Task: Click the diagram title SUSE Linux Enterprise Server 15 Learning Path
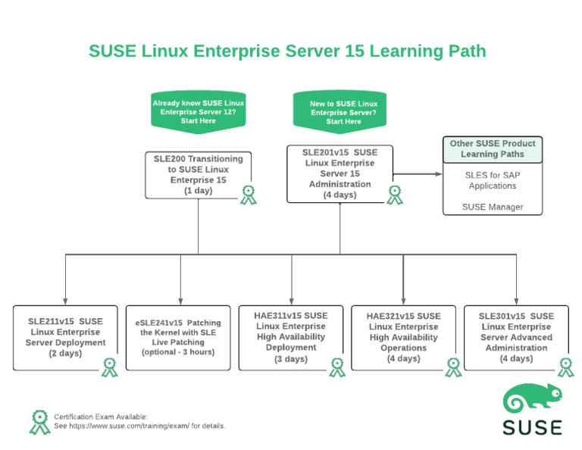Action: tap(287, 51)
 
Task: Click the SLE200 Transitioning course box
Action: tap(198, 175)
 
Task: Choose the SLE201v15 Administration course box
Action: tap(339, 173)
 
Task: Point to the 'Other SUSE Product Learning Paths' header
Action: tap(493, 148)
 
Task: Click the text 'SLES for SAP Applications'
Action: tap(493, 180)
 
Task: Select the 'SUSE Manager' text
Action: tap(493, 207)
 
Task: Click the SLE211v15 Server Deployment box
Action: tap(66, 337)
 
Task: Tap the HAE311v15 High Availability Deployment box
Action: tap(291, 337)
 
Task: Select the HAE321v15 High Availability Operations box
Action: tap(403, 337)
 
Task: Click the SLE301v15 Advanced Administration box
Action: tap(516, 337)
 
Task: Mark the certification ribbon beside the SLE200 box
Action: tap(248, 195)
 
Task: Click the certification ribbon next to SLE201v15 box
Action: tap(395, 195)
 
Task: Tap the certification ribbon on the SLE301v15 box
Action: tap(565, 367)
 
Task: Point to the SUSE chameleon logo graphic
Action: tap(532, 400)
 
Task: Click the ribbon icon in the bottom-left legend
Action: tap(39, 421)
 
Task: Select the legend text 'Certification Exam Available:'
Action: tap(101, 417)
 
